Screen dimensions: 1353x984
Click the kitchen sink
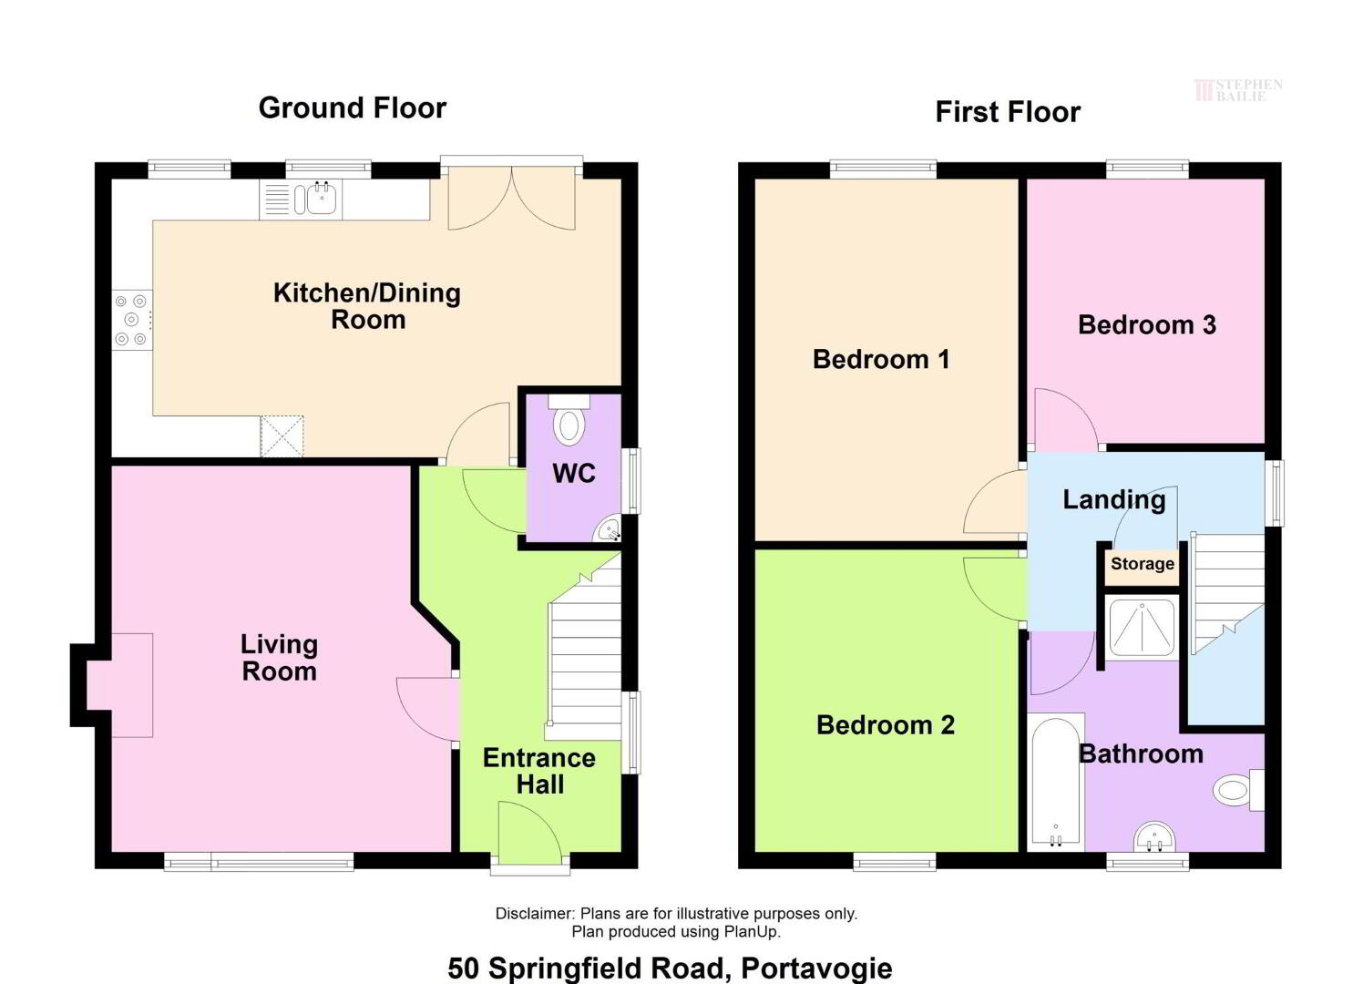(x=300, y=200)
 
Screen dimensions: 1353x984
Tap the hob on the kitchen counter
(x=132, y=320)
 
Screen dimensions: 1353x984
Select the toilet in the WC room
(x=569, y=420)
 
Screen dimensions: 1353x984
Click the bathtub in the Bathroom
(x=1056, y=783)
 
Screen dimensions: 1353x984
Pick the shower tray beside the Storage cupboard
(x=1142, y=628)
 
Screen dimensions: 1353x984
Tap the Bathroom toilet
(x=1239, y=790)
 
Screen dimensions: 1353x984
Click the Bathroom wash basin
(x=1154, y=837)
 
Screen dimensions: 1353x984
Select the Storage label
(x=1143, y=564)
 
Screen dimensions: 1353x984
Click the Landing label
(x=1113, y=500)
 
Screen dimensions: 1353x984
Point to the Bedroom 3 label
(x=1147, y=325)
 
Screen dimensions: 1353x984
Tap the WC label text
(x=574, y=474)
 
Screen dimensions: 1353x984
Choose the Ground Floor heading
(x=353, y=108)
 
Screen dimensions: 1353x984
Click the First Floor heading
(x=1008, y=112)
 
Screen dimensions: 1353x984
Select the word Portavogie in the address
(x=816, y=969)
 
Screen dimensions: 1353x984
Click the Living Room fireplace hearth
(x=120, y=685)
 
